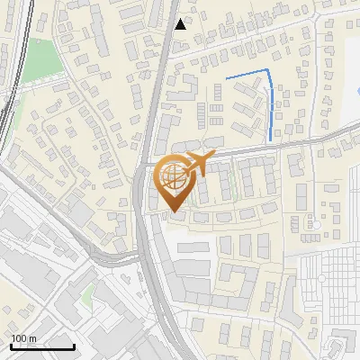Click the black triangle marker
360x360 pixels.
click(181, 24)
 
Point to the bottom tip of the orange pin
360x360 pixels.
click(174, 211)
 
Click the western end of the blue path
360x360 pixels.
click(226, 79)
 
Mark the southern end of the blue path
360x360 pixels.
click(272, 140)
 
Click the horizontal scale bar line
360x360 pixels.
click(42, 346)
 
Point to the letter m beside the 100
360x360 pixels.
click(33, 338)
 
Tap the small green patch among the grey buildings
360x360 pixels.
click(86, 295)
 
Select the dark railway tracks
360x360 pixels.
click(11, 99)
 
